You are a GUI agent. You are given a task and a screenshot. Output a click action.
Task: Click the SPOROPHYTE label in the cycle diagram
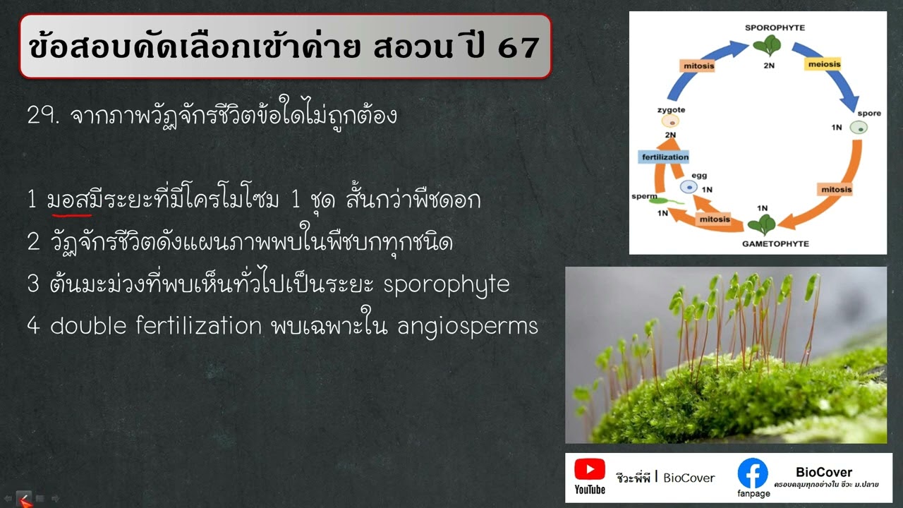tap(775, 28)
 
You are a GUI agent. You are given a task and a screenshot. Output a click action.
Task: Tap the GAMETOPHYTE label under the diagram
tap(775, 243)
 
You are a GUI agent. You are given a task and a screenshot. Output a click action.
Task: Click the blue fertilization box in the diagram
tap(664, 157)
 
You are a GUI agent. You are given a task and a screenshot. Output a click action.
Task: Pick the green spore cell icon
tap(858, 128)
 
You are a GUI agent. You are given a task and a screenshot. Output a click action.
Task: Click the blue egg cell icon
tap(689, 187)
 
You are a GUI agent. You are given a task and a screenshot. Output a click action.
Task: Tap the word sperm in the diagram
tap(644, 197)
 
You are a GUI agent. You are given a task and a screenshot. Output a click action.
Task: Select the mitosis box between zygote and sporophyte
tap(698, 66)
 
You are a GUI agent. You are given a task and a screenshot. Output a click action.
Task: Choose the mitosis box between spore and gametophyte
tap(836, 189)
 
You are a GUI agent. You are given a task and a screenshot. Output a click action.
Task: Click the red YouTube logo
tap(589, 469)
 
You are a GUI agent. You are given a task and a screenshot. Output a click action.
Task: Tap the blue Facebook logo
tap(753, 473)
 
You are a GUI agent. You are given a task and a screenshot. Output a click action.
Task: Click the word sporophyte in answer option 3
tap(446, 284)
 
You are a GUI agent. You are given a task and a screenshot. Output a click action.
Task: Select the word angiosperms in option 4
tap(468, 326)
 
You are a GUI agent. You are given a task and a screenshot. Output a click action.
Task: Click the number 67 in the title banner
tap(519, 47)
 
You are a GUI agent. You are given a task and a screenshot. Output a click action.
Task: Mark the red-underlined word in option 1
tap(69, 200)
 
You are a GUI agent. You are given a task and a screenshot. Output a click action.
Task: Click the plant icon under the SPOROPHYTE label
tap(767, 47)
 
